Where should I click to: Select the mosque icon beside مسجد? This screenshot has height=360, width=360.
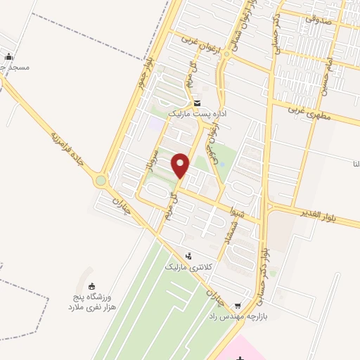tap(8, 57)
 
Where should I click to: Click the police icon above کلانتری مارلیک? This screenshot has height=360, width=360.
tap(188, 257)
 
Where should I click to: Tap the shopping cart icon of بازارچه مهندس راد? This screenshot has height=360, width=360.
tap(238, 305)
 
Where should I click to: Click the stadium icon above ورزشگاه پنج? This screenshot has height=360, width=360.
tap(91, 285)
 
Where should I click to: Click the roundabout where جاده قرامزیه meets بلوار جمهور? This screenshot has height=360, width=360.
tap(101, 181)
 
